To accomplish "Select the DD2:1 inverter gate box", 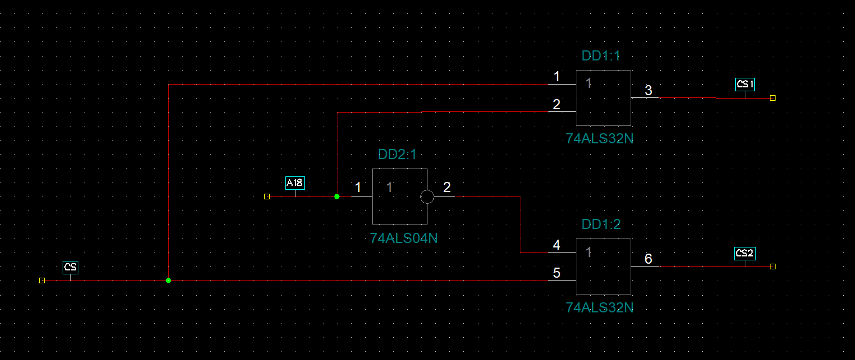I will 400,197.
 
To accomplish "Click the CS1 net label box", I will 745,85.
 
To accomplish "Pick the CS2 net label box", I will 745,253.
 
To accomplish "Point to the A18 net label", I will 295,183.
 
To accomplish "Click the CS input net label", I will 70,267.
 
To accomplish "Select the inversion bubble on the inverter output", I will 427,197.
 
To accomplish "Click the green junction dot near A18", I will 337,197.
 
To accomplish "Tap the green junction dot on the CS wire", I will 168,280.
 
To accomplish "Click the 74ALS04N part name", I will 403,238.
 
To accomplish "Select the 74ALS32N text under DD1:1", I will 600,139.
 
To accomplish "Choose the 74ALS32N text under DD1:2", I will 600,307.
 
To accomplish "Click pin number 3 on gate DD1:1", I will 648,91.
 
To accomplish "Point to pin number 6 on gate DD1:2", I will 648,259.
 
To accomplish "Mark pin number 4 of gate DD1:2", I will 556,245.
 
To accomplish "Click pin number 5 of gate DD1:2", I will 556,273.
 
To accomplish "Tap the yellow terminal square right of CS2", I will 773,267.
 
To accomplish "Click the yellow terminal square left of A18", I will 267,197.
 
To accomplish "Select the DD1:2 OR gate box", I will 604,267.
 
